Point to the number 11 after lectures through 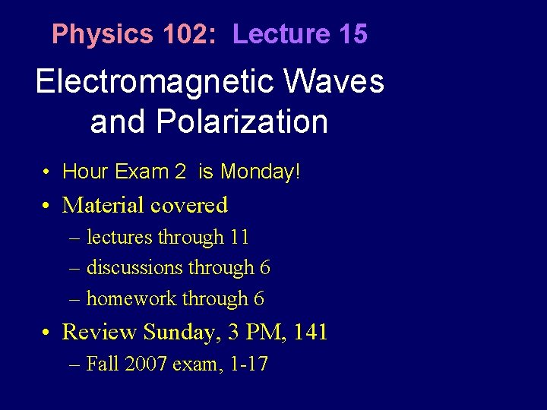click(x=239, y=238)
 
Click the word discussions click(x=134, y=268)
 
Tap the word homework click(x=130, y=299)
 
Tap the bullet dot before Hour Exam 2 click(x=47, y=172)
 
